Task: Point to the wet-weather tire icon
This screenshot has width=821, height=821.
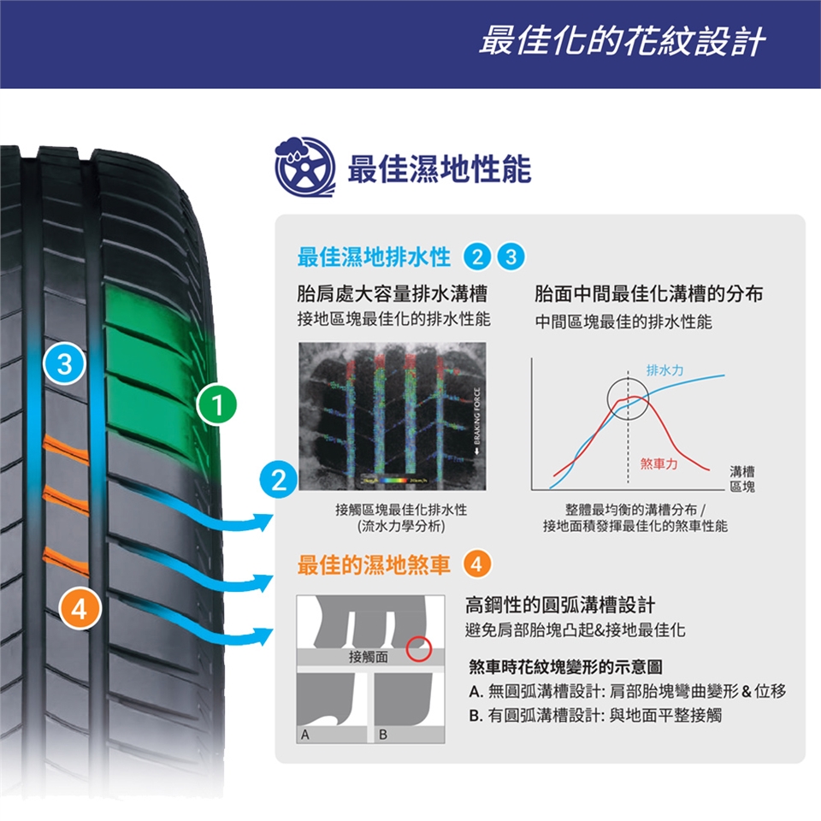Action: [x=304, y=168]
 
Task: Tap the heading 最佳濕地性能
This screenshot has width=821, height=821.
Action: [x=439, y=169]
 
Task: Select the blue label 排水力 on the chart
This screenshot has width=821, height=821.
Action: [x=664, y=369]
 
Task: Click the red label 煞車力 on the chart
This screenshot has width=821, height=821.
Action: [x=659, y=464]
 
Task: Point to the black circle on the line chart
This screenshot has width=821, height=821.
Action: [x=629, y=398]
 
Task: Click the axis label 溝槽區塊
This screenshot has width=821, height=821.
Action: [x=741, y=479]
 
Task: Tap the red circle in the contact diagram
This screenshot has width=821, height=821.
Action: [x=418, y=649]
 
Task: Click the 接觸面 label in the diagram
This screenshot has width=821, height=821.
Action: [x=369, y=657]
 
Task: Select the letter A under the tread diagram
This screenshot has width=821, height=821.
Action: [x=304, y=735]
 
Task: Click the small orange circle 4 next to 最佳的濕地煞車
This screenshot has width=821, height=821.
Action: [x=476, y=564]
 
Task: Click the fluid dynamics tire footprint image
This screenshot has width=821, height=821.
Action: [x=392, y=416]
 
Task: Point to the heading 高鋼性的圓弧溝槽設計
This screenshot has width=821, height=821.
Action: [x=560, y=606]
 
